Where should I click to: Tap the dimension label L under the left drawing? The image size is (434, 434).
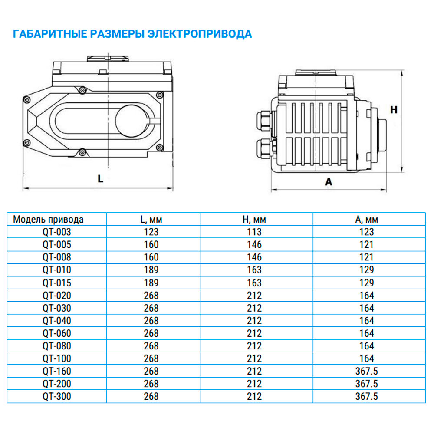(100, 178)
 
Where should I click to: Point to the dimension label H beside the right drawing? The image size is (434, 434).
(394, 110)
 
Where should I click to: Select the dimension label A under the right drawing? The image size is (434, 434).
(329, 182)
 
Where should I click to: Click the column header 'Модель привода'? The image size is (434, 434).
(48, 219)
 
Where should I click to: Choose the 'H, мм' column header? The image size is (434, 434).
(254, 219)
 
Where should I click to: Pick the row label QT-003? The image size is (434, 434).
(57, 232)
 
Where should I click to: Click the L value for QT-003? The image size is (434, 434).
(151, 232)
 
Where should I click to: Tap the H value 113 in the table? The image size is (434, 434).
(254, 232)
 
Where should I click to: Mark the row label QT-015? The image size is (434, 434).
(57, 283)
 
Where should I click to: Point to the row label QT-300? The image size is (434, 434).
(57, 397)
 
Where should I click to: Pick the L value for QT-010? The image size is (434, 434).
(151, 270)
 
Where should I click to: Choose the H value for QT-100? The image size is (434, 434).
(254, 359)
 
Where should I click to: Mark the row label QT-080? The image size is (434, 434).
(57, 346)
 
